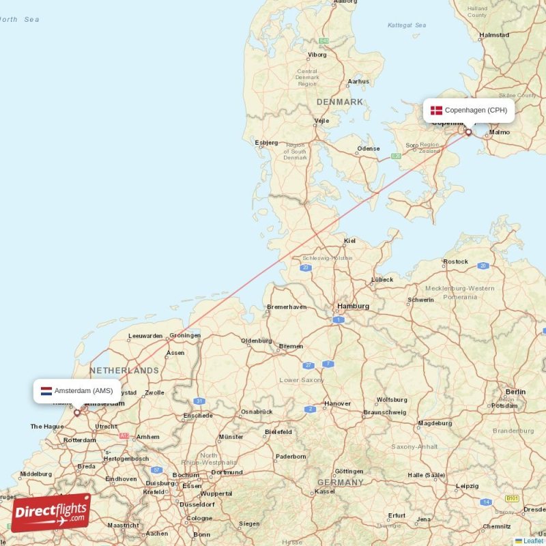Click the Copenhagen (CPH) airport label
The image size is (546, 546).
(x=475, y=110)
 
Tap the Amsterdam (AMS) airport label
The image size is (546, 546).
(x=83, y=391)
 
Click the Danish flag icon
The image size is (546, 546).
(x=436, y=110)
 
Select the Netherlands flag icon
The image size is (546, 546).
(x=46, y=391)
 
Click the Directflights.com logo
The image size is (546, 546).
(x=51, y=513)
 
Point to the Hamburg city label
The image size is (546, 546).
(x=352, y=306)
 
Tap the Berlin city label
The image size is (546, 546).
(x=515, y=392)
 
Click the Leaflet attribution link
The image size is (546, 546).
(x=533, y=541)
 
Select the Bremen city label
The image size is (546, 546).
(x=291, y=347)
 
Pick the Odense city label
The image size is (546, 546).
(x=369, y=148)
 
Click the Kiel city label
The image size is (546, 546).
(x=350, y=241)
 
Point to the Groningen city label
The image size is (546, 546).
(x=185, y=335)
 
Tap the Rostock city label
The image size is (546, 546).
(x=455, y=261)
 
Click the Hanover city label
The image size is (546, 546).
(x=337, y=403)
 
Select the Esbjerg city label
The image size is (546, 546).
(x=266, y=143)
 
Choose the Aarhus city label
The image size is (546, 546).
(x=358, y=81)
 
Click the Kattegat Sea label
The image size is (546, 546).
(x=407, y=25)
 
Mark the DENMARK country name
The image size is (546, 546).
(x=339, y=102)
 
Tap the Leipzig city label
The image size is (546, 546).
(x=468, y=486)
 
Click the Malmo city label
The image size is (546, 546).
(x=500, y=132)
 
